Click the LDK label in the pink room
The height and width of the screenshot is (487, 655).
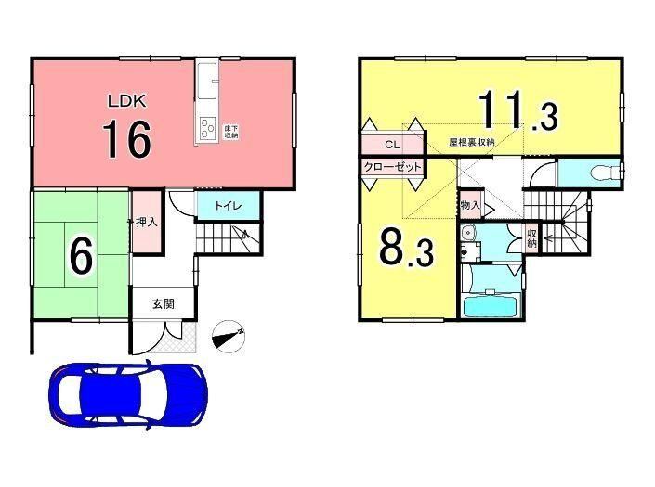127,101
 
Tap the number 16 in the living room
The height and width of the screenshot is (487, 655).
127,139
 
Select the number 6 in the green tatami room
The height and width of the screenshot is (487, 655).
81,256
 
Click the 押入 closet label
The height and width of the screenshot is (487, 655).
147,223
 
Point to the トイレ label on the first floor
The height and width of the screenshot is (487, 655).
229,206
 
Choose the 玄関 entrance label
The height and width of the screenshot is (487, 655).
163,304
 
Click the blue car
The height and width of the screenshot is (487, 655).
128,393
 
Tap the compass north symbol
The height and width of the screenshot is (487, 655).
229,337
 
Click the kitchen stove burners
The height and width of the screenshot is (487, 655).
206,129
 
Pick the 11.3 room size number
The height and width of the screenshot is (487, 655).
518,110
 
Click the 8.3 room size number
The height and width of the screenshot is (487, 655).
407,249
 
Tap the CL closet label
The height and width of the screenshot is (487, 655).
392,145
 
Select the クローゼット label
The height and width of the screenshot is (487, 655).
392,168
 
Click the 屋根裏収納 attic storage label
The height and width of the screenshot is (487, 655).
472,142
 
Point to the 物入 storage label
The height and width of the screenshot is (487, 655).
470,206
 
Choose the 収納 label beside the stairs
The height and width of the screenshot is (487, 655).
531,237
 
